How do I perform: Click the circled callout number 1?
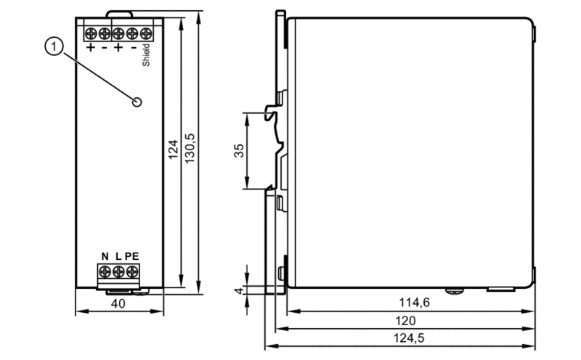coord(54,46)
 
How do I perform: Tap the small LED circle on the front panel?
coord(137,102)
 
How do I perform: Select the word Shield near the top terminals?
coord(146,55)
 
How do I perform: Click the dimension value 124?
coord(173,150)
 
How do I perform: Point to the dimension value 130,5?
coord(190,149)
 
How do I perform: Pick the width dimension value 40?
coord(118,303)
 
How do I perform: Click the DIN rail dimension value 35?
coord(240,151)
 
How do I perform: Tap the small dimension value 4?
coord(239,290)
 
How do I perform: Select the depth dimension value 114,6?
coord(414,303)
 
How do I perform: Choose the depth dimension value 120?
coord(405,320)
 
